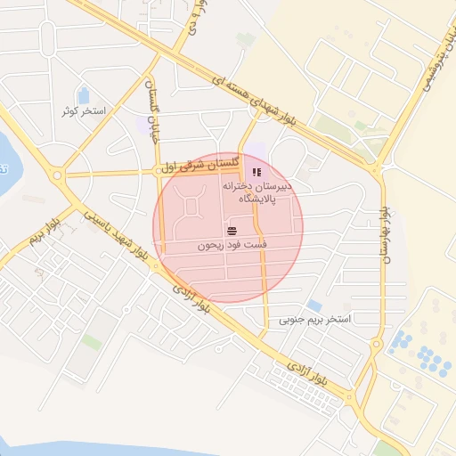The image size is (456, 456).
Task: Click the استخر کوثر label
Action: (x=84, y=111)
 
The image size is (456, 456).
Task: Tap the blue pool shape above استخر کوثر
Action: (x=84, y=94)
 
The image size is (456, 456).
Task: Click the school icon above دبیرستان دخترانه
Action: (x=256, y=171)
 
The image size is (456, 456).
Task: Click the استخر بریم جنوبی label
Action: (x=315, y=318)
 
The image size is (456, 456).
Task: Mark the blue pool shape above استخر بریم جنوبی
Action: (x=314, y=305)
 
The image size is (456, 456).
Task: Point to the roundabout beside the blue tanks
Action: (x=378, y=345)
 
